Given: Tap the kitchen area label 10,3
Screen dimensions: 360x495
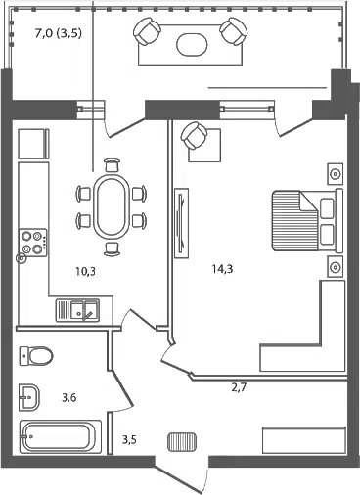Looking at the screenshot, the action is pyautogui.click(x=86, y=271).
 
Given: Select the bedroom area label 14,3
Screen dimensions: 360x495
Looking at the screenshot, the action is pyautogui.click(x=222, y=269).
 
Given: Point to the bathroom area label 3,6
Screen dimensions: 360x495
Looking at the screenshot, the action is pyautogui.click(x=69, y=398).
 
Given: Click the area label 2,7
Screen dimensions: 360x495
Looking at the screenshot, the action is pyautogui.click(x=239, y=388).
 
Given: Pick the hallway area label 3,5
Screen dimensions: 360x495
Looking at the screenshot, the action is pyautogui.click(x=129, y=440).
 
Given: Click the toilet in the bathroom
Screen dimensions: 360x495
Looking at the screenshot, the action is pyautogui.click(x=36, y=356).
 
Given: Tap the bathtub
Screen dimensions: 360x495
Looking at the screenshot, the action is pyautogui.click(x=61, y=436).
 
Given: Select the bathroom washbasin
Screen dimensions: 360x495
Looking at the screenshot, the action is pyautogui.click(x=29, y=397).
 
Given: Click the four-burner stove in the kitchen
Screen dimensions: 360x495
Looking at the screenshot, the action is pyautogui.click(x=32, y=243).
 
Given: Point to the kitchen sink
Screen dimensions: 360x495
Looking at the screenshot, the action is pyautogui.click(x=77, y=310).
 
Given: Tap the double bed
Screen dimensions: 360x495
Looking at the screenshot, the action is pyautogui.click(x=307, y=221).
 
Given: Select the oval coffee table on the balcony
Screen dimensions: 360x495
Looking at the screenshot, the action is pyautogui.click(x=192, y=44).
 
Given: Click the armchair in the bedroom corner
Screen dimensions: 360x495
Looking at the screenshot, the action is pyautogui.click(x=195, y=136).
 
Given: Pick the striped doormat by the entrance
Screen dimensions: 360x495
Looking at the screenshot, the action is pyautogui.click(x=182, y=442).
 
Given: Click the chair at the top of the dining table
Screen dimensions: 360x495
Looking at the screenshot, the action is pyautogui.click(x=112, y=164).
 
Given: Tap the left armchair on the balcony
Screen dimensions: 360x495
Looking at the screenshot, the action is pyautogui.click(x=147, y=31).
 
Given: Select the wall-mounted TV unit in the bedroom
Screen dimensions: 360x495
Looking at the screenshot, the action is pyautogui.click(x=182, y=223).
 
